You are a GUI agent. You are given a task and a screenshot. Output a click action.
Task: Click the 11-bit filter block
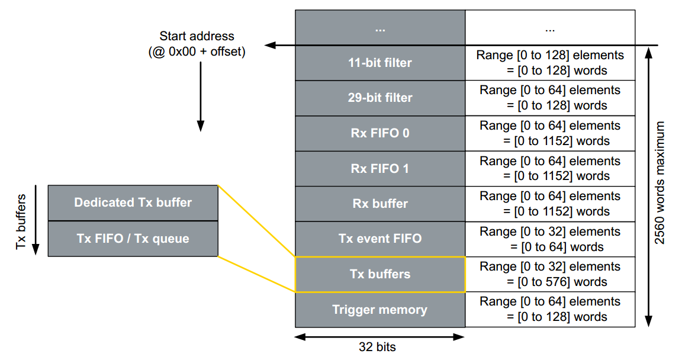[380, 63]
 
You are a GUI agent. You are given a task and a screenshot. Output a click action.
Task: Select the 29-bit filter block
[380, 98]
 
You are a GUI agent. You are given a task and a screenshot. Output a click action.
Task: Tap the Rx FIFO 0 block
[380, 133]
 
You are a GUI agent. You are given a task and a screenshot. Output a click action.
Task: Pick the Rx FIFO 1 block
[380, 168]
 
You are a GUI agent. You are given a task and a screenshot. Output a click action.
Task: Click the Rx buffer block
[380, 204]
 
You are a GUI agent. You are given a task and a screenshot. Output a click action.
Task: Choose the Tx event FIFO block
[380, 239]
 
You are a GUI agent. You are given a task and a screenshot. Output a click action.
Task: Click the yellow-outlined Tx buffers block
[380, 274]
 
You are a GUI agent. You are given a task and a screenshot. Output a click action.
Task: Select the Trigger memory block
[380, 309]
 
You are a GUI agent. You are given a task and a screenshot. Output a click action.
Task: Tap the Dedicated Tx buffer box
[133, 202]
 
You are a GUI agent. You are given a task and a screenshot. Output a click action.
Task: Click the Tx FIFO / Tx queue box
[133, 239]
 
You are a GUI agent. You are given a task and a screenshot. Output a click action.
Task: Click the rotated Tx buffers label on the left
[21, 220]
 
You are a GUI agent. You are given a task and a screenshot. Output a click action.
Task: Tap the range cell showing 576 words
[550, 274]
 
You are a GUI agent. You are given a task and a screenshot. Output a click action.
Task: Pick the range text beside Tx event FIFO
[550, 239]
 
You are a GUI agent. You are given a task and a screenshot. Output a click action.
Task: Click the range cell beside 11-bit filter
[550, 63]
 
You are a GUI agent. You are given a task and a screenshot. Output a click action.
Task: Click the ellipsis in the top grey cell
[380, 28]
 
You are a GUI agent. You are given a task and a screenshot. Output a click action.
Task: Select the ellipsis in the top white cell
[550, 28]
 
